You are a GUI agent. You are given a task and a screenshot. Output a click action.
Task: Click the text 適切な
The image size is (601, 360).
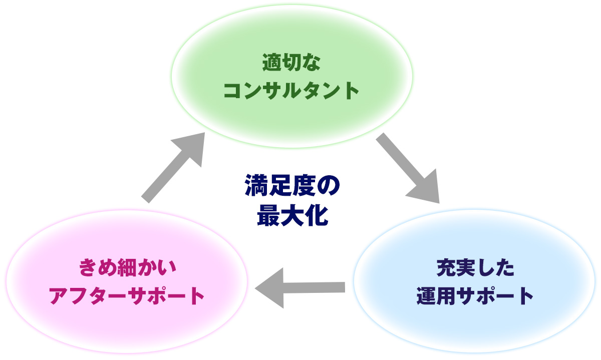point(291,64)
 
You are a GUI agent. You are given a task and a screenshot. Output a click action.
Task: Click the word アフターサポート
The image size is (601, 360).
point(127,295)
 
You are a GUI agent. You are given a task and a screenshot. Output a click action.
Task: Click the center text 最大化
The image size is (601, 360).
point(292,216)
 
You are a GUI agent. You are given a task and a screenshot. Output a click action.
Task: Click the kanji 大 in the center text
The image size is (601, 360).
point(292,216)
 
